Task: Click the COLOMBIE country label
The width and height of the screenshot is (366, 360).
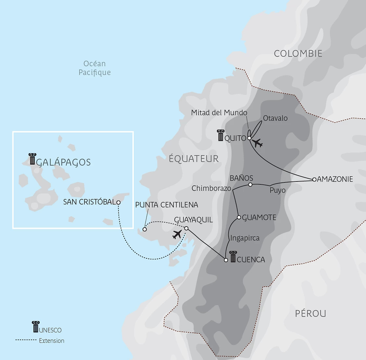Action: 298,54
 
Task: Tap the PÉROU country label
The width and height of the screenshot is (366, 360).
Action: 310,314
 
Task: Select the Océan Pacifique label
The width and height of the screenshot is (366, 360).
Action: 95,68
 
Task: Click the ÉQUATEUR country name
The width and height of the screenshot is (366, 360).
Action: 194,159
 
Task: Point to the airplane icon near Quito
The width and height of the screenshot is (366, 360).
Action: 258,143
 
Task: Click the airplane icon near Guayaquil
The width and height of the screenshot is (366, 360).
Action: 177,234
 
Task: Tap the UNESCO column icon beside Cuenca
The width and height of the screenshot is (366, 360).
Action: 233,257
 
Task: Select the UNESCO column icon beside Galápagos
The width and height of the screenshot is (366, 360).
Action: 32,159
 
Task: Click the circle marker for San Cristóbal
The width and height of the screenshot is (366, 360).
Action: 119,202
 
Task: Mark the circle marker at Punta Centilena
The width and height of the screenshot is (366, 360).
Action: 145,229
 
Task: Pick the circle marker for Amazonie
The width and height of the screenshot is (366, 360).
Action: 314,179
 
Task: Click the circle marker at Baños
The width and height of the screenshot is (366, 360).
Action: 250,185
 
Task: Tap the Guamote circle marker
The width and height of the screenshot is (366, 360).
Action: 239,217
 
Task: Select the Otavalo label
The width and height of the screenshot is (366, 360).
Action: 275,118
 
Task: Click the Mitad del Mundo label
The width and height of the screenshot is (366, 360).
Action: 219,113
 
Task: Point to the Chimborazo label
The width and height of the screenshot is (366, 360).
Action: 211,188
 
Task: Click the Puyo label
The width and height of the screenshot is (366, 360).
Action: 277,191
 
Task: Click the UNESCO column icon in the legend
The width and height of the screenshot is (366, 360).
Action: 35,327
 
